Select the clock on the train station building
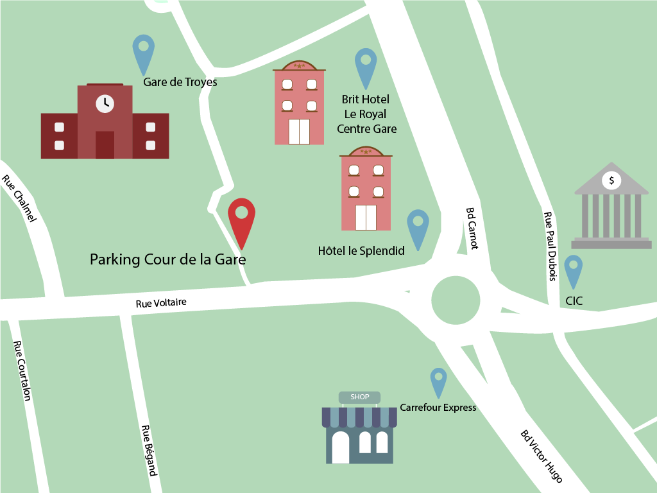click(x=105, y=103)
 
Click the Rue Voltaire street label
click(x=161, y=302)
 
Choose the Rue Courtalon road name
click(x=22, y=370)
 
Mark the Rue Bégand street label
click(x=149, y=451)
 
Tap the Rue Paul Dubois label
click(x=549, y=247)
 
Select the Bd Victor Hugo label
click(x=542, y=456)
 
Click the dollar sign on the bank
click(x=611, y=181)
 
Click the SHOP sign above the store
click(x=359, y=397)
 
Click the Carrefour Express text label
click(x=438, y=408)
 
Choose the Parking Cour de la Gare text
click(x=167, y=260)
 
